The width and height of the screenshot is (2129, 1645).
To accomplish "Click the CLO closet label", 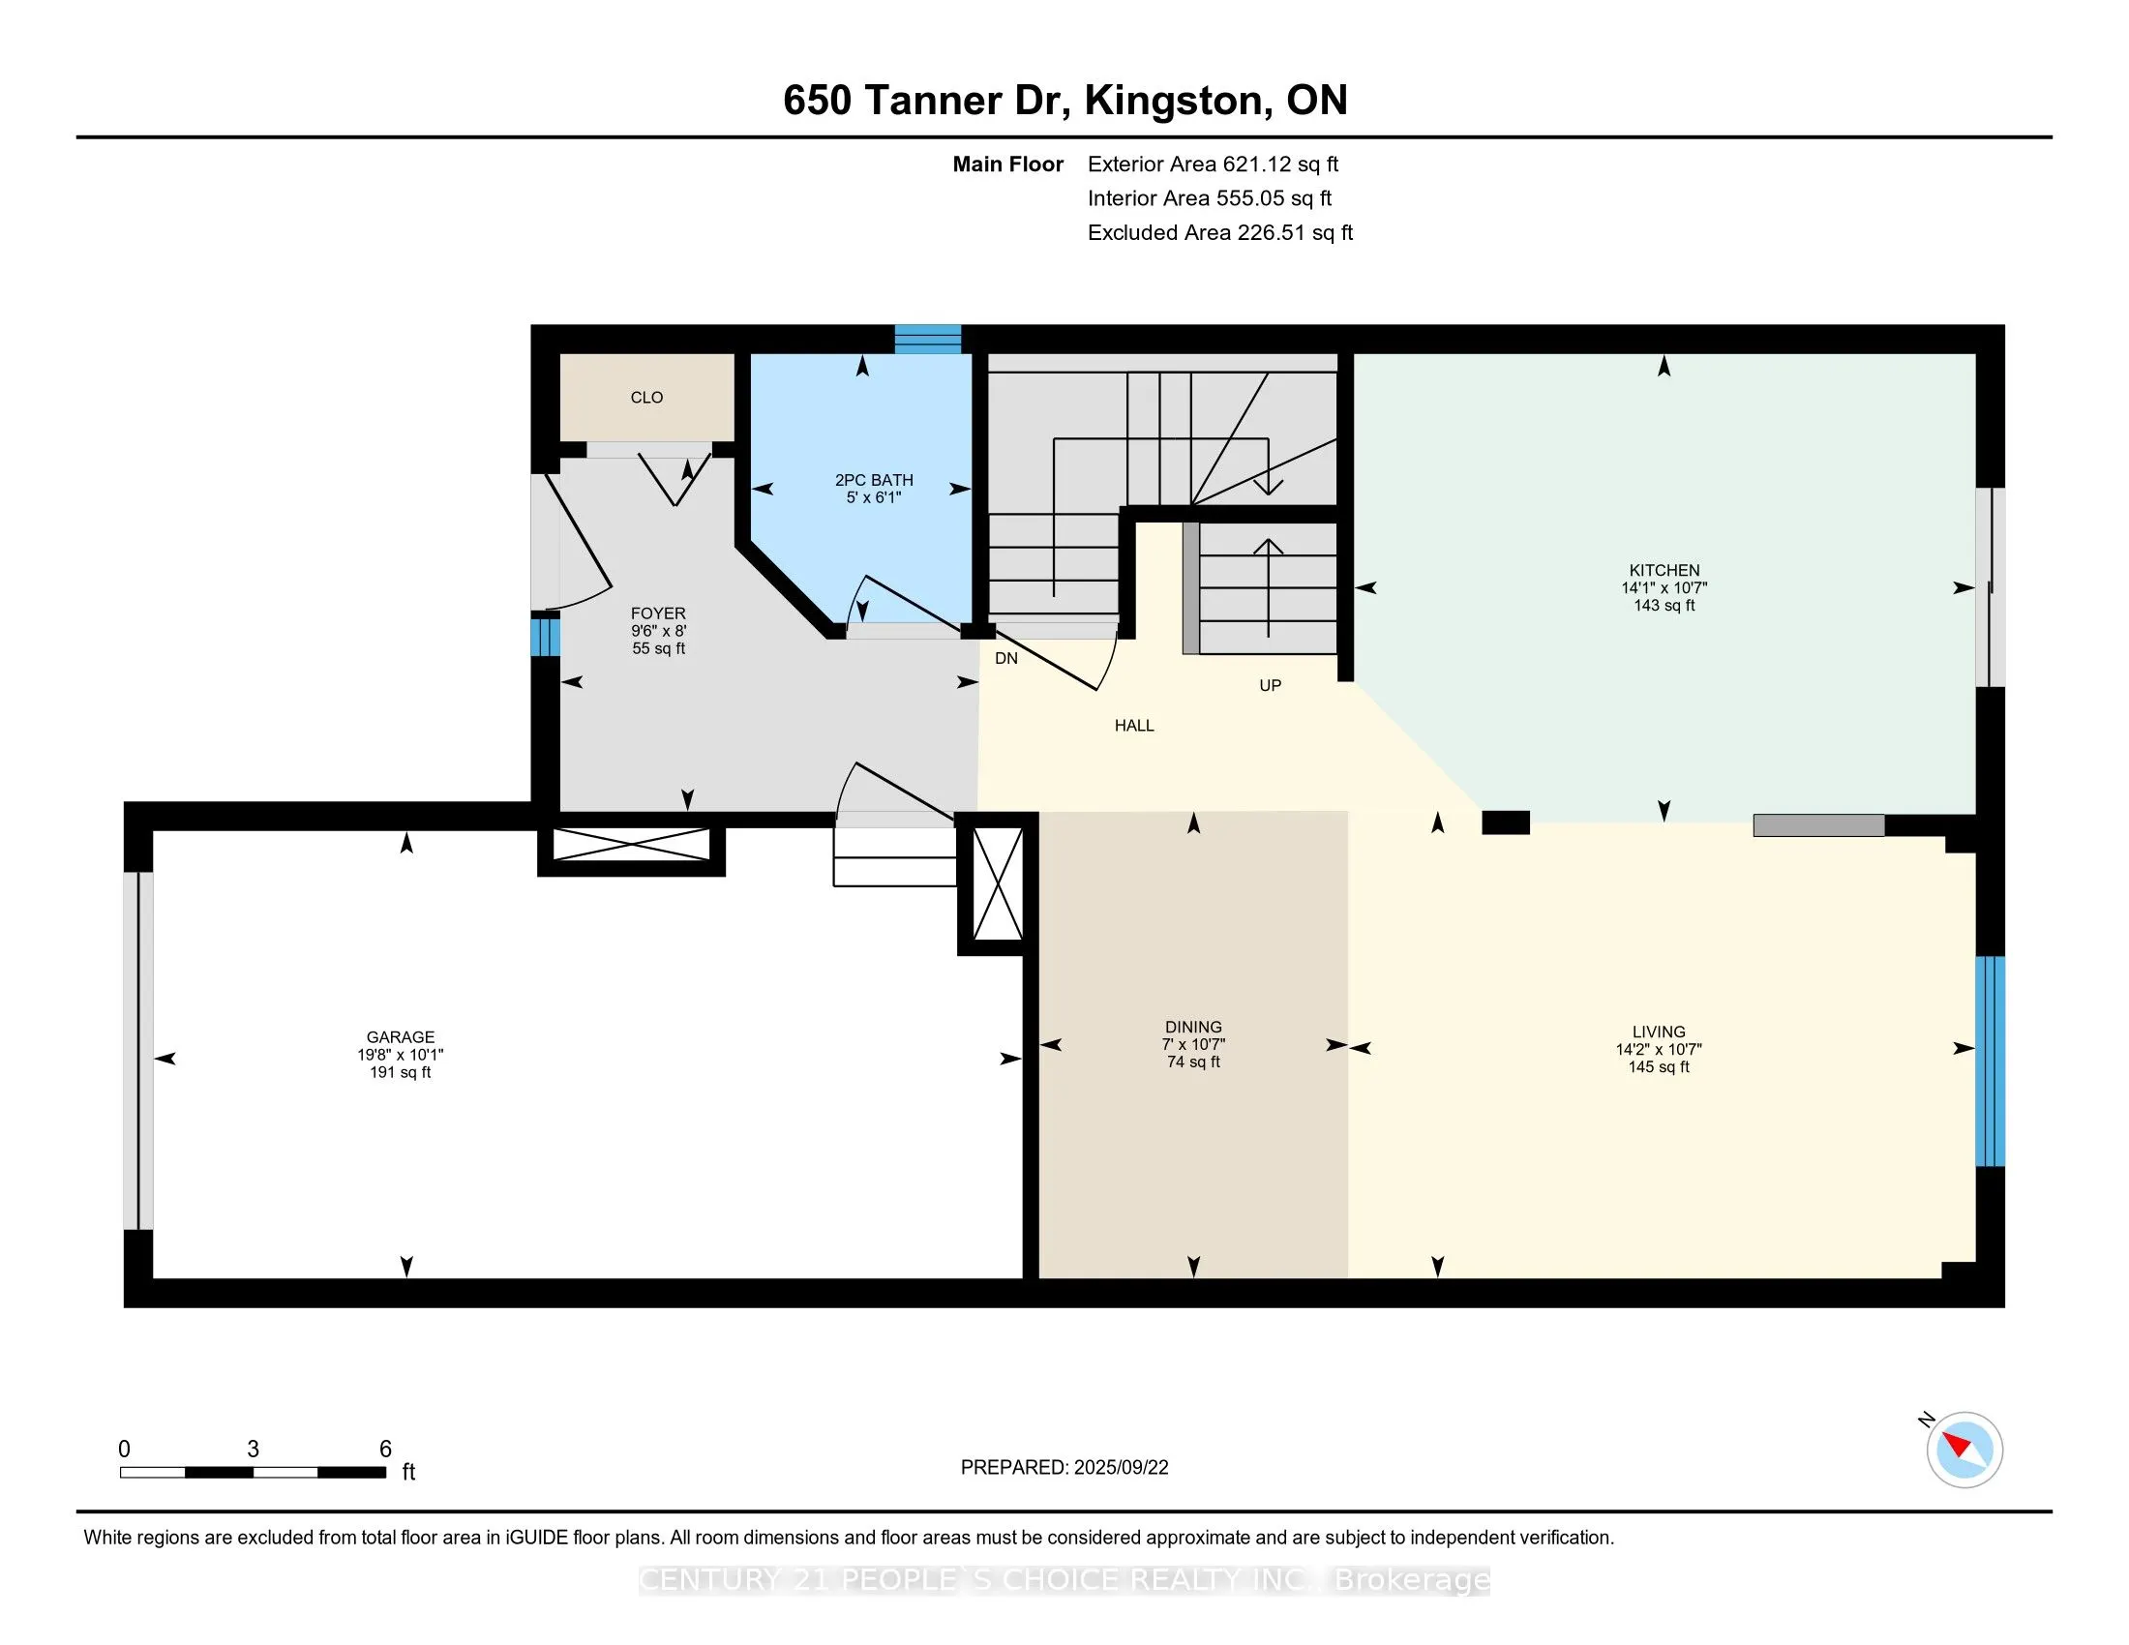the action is pos(646,398).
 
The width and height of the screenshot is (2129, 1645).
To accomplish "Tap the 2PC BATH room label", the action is pos(874,479).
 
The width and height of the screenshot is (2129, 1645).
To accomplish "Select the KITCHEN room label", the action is pos(1664,570).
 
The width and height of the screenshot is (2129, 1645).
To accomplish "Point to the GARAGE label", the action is pos(400,1037).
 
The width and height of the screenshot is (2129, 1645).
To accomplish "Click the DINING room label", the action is pos(1193,1026).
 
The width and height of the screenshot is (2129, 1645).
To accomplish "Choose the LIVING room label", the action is pos(1658,1032).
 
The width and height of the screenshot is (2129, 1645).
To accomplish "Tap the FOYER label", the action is pos(658,613).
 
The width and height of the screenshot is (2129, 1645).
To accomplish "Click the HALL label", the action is pos(1134,725).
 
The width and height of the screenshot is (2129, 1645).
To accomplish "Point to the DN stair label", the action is pos(1006,658).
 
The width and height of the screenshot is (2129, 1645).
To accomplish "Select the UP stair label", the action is pos(1270,685).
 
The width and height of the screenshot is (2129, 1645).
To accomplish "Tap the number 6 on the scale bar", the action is pos(385,1450).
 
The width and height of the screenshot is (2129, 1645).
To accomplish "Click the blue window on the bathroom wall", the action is pos(928,338).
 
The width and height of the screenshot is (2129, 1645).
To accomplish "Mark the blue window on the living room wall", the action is pos(1990,1062).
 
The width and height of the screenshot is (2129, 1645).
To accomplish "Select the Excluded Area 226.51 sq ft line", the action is pos(1219,233).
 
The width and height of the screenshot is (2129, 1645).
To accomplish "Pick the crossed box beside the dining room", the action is pos(999,882).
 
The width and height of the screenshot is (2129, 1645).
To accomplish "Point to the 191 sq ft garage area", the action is pos(400,1072).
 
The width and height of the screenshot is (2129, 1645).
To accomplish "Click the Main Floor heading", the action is pos(1007,164).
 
